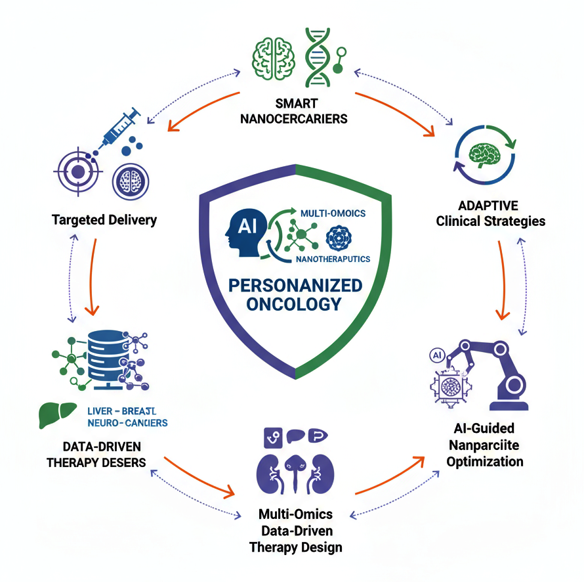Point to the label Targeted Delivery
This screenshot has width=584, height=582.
104,219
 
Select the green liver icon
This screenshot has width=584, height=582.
54,415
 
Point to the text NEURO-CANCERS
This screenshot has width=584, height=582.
127,422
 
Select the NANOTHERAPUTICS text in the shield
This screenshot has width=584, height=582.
332,259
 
